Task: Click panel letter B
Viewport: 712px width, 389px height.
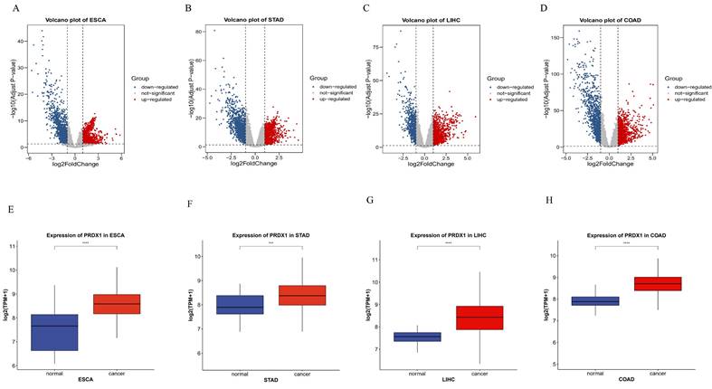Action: point(188,8)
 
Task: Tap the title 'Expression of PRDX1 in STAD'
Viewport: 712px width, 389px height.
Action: point(270,235)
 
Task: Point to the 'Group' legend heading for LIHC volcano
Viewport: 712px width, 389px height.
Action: point(495,79)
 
